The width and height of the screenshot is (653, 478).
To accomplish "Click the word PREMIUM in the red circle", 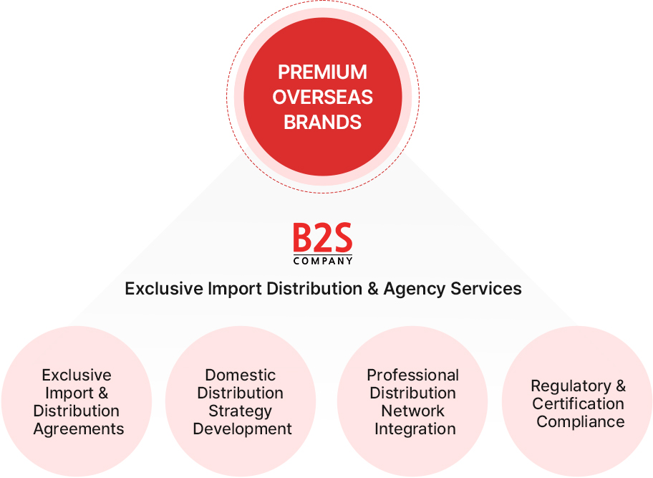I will (x=322, y=72).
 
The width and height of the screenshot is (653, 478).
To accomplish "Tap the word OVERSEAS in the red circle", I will (x=322, y=97).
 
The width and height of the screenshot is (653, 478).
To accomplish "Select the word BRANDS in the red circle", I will (x=322, y=122).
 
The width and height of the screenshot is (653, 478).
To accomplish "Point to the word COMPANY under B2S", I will (x=322, y=261).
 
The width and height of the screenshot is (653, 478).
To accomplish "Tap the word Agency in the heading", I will (x=415, y=289).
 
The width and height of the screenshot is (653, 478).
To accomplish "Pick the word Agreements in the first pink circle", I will (x=79, y=429).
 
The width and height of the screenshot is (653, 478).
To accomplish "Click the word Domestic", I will (x=240, y=375).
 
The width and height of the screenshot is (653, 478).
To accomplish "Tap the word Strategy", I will (x=240, y=411).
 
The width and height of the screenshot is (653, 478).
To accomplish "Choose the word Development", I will (x=242, y=429).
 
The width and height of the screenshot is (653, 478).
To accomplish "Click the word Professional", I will (x=412, y=375).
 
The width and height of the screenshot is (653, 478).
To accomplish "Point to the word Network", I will (x=412, y=411).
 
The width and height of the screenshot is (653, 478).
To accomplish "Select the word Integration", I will (x=415, y=429).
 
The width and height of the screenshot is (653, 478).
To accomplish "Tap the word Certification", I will (x=578, y=404).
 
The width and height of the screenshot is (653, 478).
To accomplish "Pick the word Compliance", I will (x=580, y=422).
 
